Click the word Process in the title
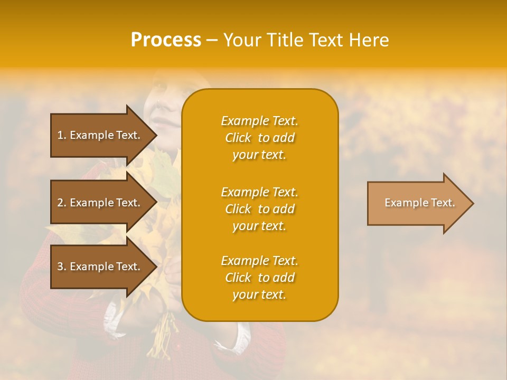166,40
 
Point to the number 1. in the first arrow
62,135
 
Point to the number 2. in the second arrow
62,203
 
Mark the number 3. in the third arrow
62,267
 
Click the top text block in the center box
259,138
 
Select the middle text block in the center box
259,209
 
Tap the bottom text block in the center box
259,278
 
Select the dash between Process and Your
212,40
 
